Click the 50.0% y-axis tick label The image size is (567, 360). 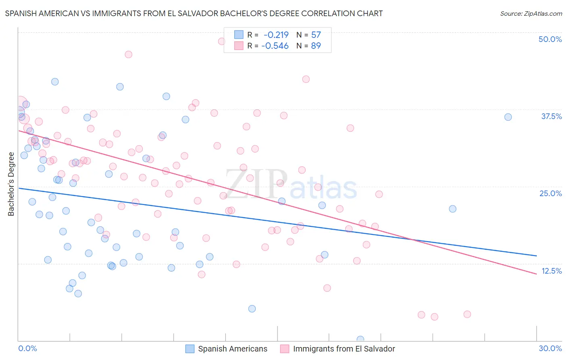point(550,39)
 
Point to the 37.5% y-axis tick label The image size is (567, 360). point(551,116)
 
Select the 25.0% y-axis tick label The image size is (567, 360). point(550,193)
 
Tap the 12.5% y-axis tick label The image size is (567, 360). point(551,271)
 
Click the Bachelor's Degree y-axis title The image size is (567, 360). point(11,184)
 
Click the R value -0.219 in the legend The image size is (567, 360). point(276,35)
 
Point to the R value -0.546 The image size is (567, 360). point(275,46)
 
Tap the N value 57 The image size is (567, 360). point(316,35)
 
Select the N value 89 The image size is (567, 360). point(316,46)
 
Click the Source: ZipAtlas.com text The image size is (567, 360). point(531,14)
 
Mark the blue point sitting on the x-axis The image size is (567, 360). point(360,339)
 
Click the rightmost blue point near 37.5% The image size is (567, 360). point(508,117)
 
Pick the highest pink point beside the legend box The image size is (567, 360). point(221,41)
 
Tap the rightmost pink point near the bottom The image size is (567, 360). point(467,314)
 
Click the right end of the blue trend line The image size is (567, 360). point(536,256)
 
